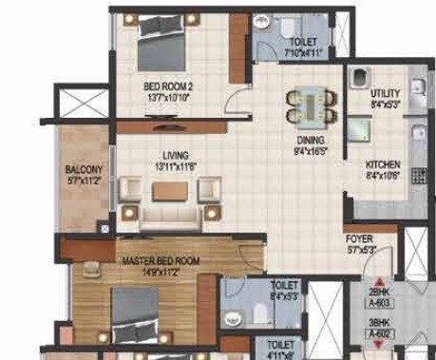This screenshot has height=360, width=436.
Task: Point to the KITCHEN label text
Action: tap(383, 164)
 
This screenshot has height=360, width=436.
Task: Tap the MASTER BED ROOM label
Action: tap(161, 259)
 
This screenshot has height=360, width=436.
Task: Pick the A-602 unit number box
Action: tap(381, 332)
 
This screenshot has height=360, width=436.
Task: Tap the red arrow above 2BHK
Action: tap(380, 273)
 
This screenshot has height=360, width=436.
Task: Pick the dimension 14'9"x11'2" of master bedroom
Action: tap(161, 269)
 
